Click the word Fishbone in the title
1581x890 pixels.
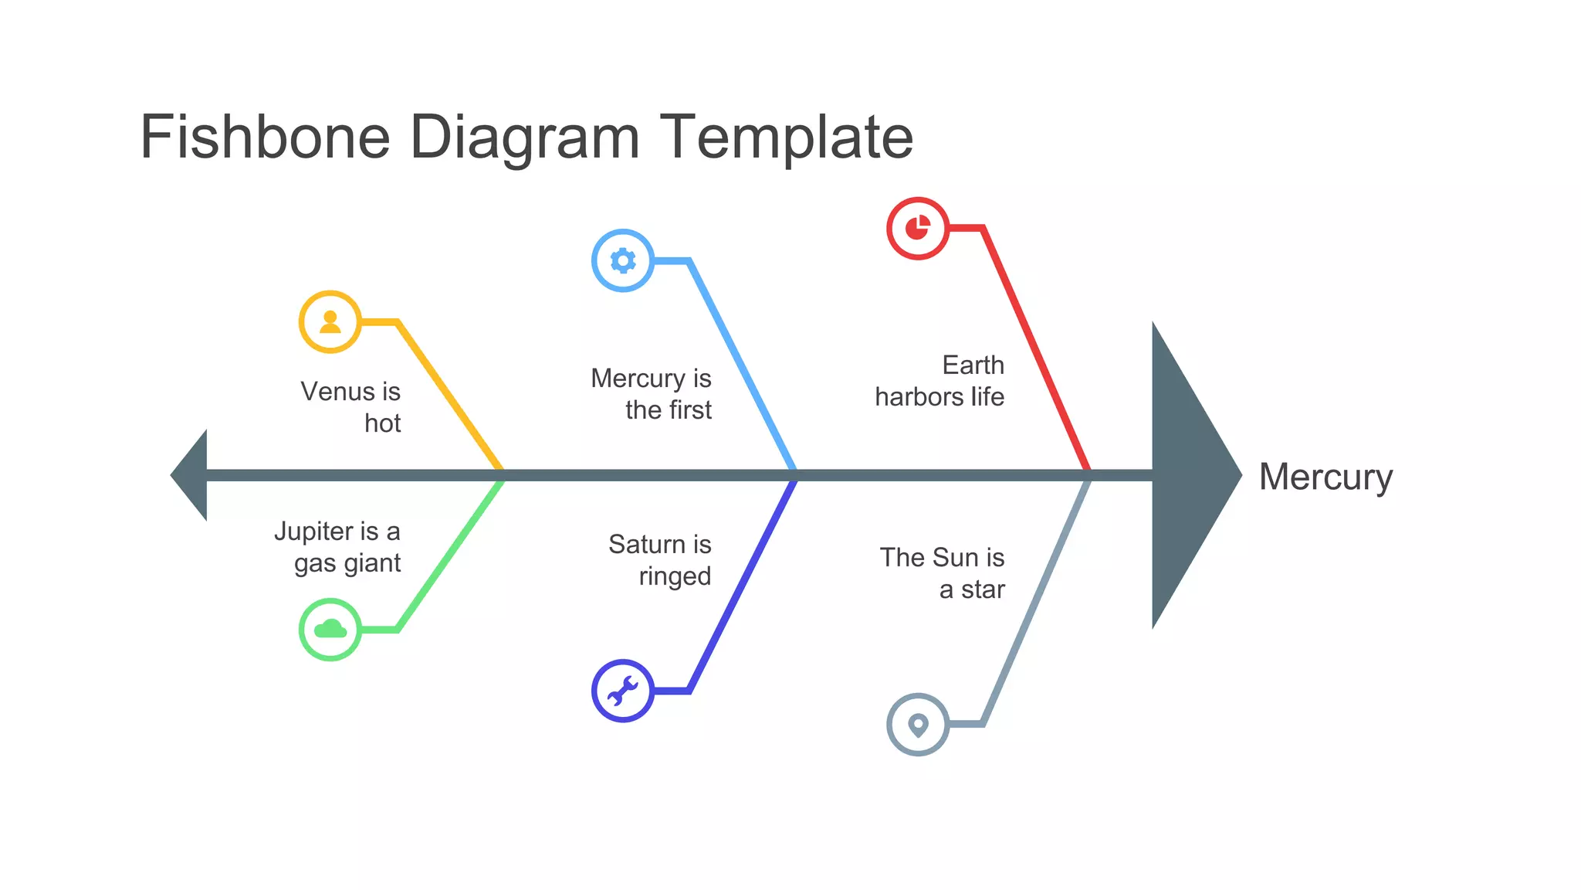[x=265, y=138]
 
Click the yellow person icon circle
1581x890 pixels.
[x=330, y=321]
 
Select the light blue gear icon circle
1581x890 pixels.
[x=623, y=260]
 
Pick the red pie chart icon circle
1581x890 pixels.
[x=918, y=228]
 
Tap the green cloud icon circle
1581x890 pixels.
[x=330, y=629]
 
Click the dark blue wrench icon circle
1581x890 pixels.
[x=623, y=691]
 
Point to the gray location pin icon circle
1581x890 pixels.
[x=918, y=724]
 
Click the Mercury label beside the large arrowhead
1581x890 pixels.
[x=1325, y=477]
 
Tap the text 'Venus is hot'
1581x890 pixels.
[x=351, y=407]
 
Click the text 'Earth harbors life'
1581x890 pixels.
[x=940, y=381]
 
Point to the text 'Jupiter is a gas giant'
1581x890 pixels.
[x=338, y=547]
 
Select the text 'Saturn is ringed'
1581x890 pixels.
[x=661, y=560]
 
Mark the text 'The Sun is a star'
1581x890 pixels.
[x=943, y=573]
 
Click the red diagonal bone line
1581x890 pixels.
[x=1034, y=348]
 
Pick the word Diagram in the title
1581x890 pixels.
[x=524, y=138]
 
